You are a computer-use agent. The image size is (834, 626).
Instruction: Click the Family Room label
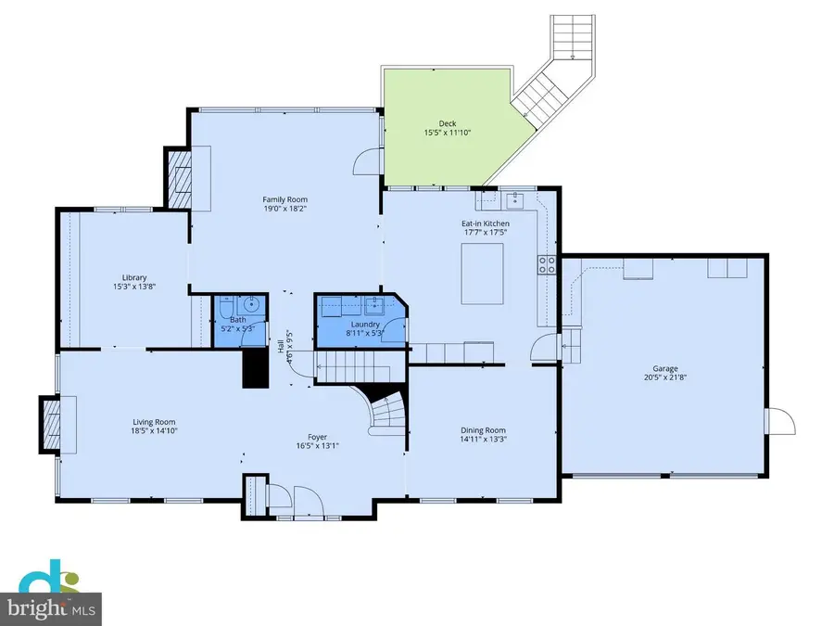click(x=284, y=199)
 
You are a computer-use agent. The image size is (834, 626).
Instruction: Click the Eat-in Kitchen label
click(x=486, y=224)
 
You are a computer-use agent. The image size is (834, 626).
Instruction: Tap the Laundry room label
click(x=364, y=325)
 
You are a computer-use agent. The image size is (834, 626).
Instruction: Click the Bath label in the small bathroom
click(x=238, y=319)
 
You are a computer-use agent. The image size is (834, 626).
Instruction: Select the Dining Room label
click(x=484, y=430)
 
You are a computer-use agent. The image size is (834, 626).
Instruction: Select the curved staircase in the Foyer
click(x=383, y=409)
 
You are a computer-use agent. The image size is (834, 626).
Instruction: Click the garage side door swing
click(x=780, y=421)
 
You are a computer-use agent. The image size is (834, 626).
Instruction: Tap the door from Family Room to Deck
click(x=370, y=163)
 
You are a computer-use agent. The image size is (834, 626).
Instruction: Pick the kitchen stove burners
click(x=547, y=266)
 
